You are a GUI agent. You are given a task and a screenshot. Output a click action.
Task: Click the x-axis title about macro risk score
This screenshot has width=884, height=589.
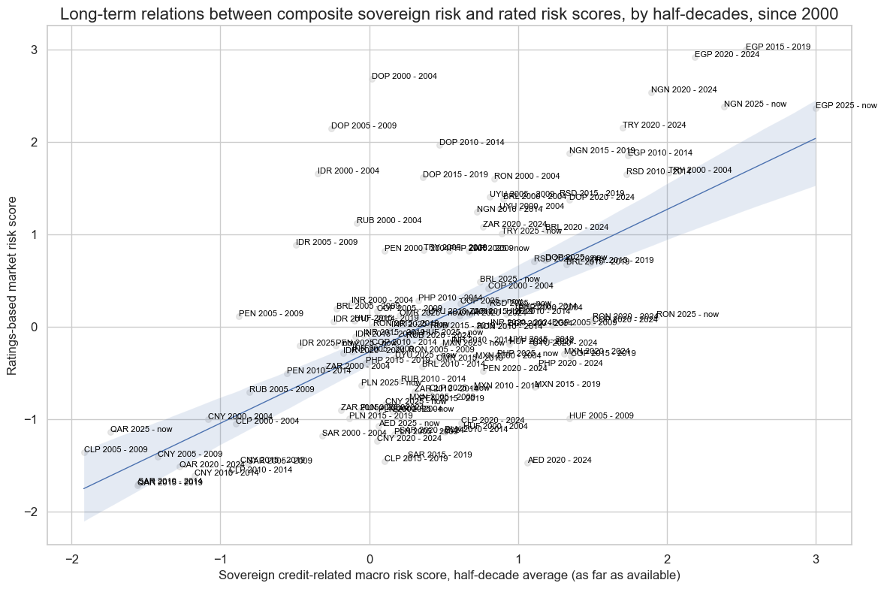click(449, 575)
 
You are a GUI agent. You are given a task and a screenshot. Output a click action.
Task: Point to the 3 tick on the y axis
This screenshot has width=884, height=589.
click(34, 50)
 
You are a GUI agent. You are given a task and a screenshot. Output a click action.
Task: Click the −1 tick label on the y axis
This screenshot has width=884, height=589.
click(31, 419)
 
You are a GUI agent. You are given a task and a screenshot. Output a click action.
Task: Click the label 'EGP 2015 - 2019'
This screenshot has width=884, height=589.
click(777, 47)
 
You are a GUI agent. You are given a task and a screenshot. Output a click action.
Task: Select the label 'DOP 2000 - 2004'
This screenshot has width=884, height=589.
click(404, 77)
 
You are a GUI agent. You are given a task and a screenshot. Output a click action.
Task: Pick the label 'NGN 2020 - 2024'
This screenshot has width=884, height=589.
click(683, 90)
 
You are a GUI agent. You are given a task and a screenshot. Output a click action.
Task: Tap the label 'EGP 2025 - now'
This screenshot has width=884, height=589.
click(846, 106)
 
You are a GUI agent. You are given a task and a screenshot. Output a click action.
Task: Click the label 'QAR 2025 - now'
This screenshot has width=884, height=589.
click(141, 430)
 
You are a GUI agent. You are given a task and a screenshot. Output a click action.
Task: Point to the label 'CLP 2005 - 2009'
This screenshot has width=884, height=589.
click(116, 450)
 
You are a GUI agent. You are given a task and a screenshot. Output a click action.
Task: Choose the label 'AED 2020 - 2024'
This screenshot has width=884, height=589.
click(560, 461)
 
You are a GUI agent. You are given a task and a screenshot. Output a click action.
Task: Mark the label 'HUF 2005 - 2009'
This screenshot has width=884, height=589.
click(601, 415)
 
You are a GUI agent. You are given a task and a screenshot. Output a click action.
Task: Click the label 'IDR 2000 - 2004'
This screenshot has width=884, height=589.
click(348, 171)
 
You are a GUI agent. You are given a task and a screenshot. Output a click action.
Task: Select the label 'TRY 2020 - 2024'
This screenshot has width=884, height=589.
click(654, 125)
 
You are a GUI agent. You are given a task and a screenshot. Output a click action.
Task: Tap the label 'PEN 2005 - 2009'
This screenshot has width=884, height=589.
click(271, 314)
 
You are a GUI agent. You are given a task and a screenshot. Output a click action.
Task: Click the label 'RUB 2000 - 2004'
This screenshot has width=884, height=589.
click(389, 221)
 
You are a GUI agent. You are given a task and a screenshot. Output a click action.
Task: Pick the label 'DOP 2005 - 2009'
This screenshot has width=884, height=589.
click(364, 126)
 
